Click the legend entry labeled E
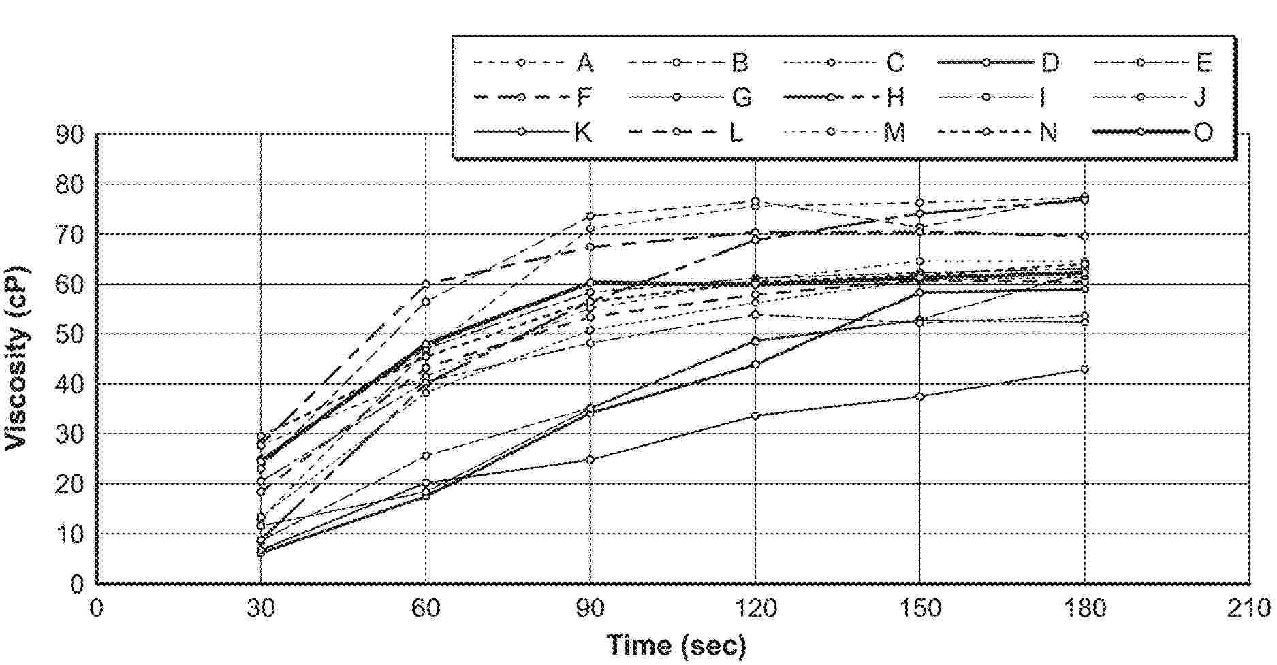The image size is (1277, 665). point(1153,63)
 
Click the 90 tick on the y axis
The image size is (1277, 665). point(70,135)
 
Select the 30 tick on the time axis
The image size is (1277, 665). point(261,608)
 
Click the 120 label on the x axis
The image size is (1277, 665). point(755,608)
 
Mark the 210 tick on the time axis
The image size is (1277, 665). point(1250,608)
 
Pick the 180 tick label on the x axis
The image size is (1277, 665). point(1085,608)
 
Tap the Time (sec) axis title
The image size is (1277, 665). point(676,645)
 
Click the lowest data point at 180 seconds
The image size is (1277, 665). point(1085,370)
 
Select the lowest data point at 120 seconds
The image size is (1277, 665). point(755,416)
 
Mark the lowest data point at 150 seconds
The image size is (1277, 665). point(920,397)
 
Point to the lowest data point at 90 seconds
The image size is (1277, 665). point(590,460)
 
